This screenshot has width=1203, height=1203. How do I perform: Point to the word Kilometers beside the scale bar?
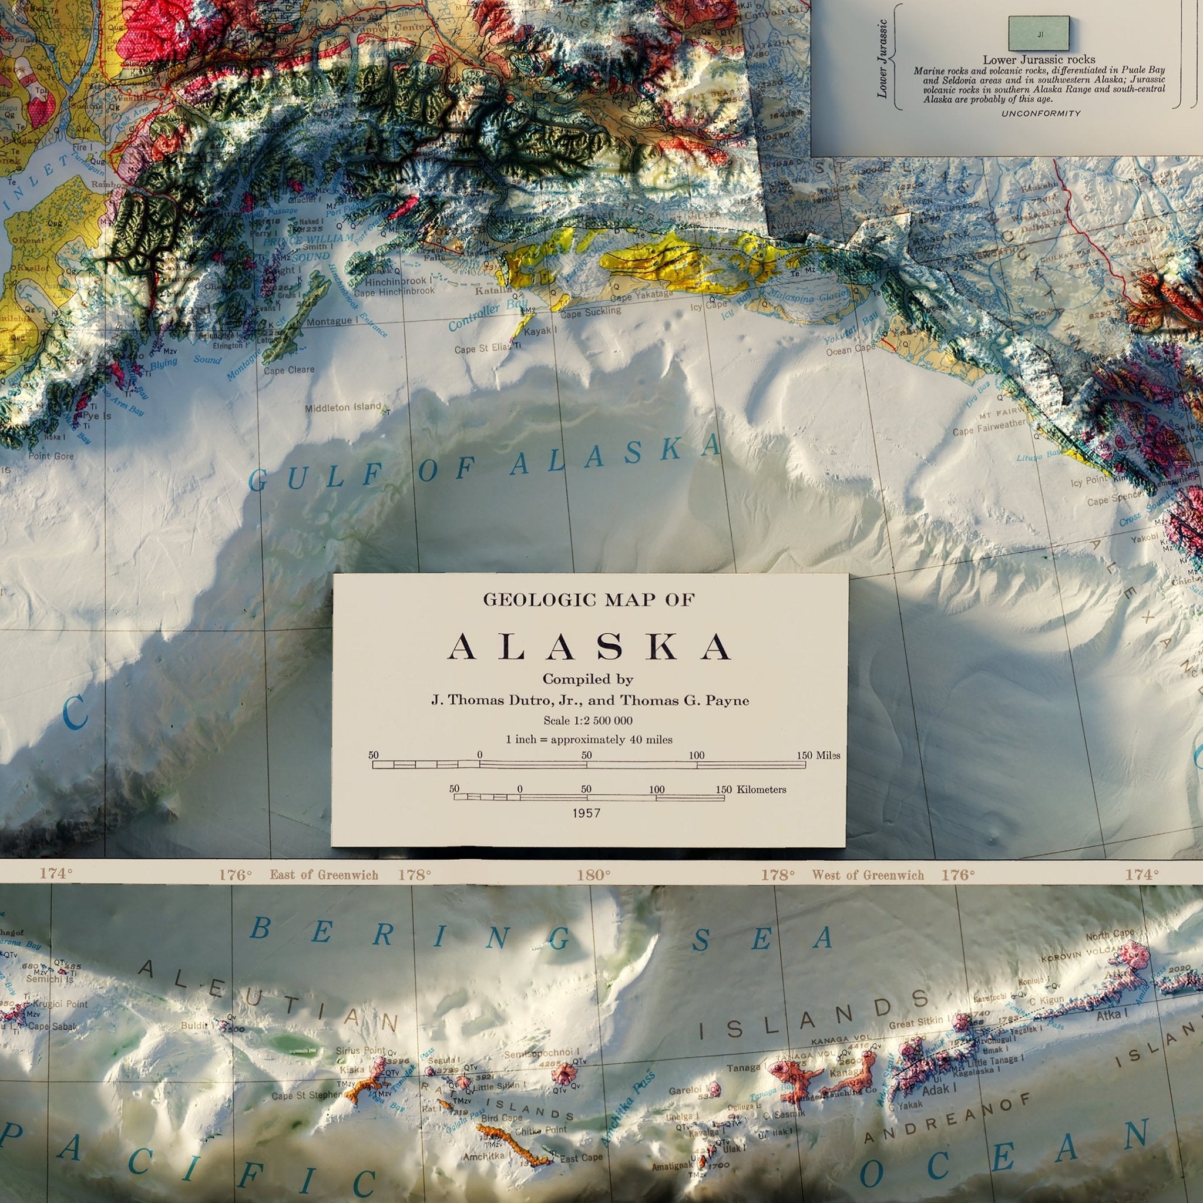tap(761, 789)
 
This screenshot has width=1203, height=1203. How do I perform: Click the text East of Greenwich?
tap(323, 875)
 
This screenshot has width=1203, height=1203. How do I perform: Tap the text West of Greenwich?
tap(868, 875)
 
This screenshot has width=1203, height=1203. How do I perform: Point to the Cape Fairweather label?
tap(989, 429)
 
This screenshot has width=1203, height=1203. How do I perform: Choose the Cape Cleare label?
tap(289, 371)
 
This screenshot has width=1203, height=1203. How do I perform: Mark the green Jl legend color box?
tap(1038, 34)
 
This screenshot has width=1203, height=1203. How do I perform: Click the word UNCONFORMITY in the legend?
tap(1040, 113)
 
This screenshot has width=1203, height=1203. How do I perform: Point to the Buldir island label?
tap(195, 1024)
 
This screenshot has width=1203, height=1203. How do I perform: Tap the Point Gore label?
tap(51, 456)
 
